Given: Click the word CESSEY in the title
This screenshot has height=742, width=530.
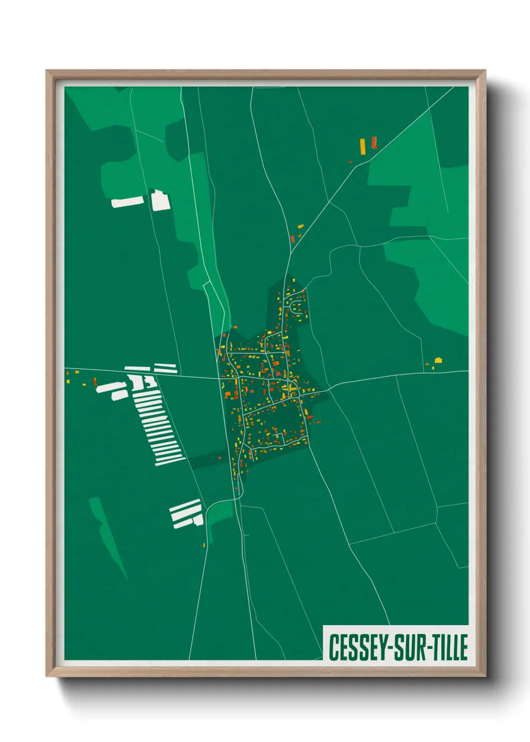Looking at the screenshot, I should [x=355, y=647].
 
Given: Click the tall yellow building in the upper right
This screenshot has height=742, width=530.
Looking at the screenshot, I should [x=362, y=145].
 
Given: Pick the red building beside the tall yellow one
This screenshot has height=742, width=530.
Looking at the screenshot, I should [x=373, y=142].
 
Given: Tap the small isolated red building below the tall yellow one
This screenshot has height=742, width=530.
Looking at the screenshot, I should [x=350, y=161].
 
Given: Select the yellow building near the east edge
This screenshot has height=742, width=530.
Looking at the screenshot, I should [x=438, y=360].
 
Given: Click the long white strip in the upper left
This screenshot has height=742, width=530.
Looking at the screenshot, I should [x=127, y=202].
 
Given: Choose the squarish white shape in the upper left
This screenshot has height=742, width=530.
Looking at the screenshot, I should [x=160, y=200].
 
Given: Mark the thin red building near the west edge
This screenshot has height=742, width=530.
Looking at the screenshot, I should [x=94, y=382].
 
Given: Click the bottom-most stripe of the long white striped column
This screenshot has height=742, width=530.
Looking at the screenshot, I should [x=169, y=461].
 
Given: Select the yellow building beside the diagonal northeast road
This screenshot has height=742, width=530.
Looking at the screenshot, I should [x=300, y=227].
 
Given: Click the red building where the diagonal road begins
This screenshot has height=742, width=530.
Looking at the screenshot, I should [x=293, y=239].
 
